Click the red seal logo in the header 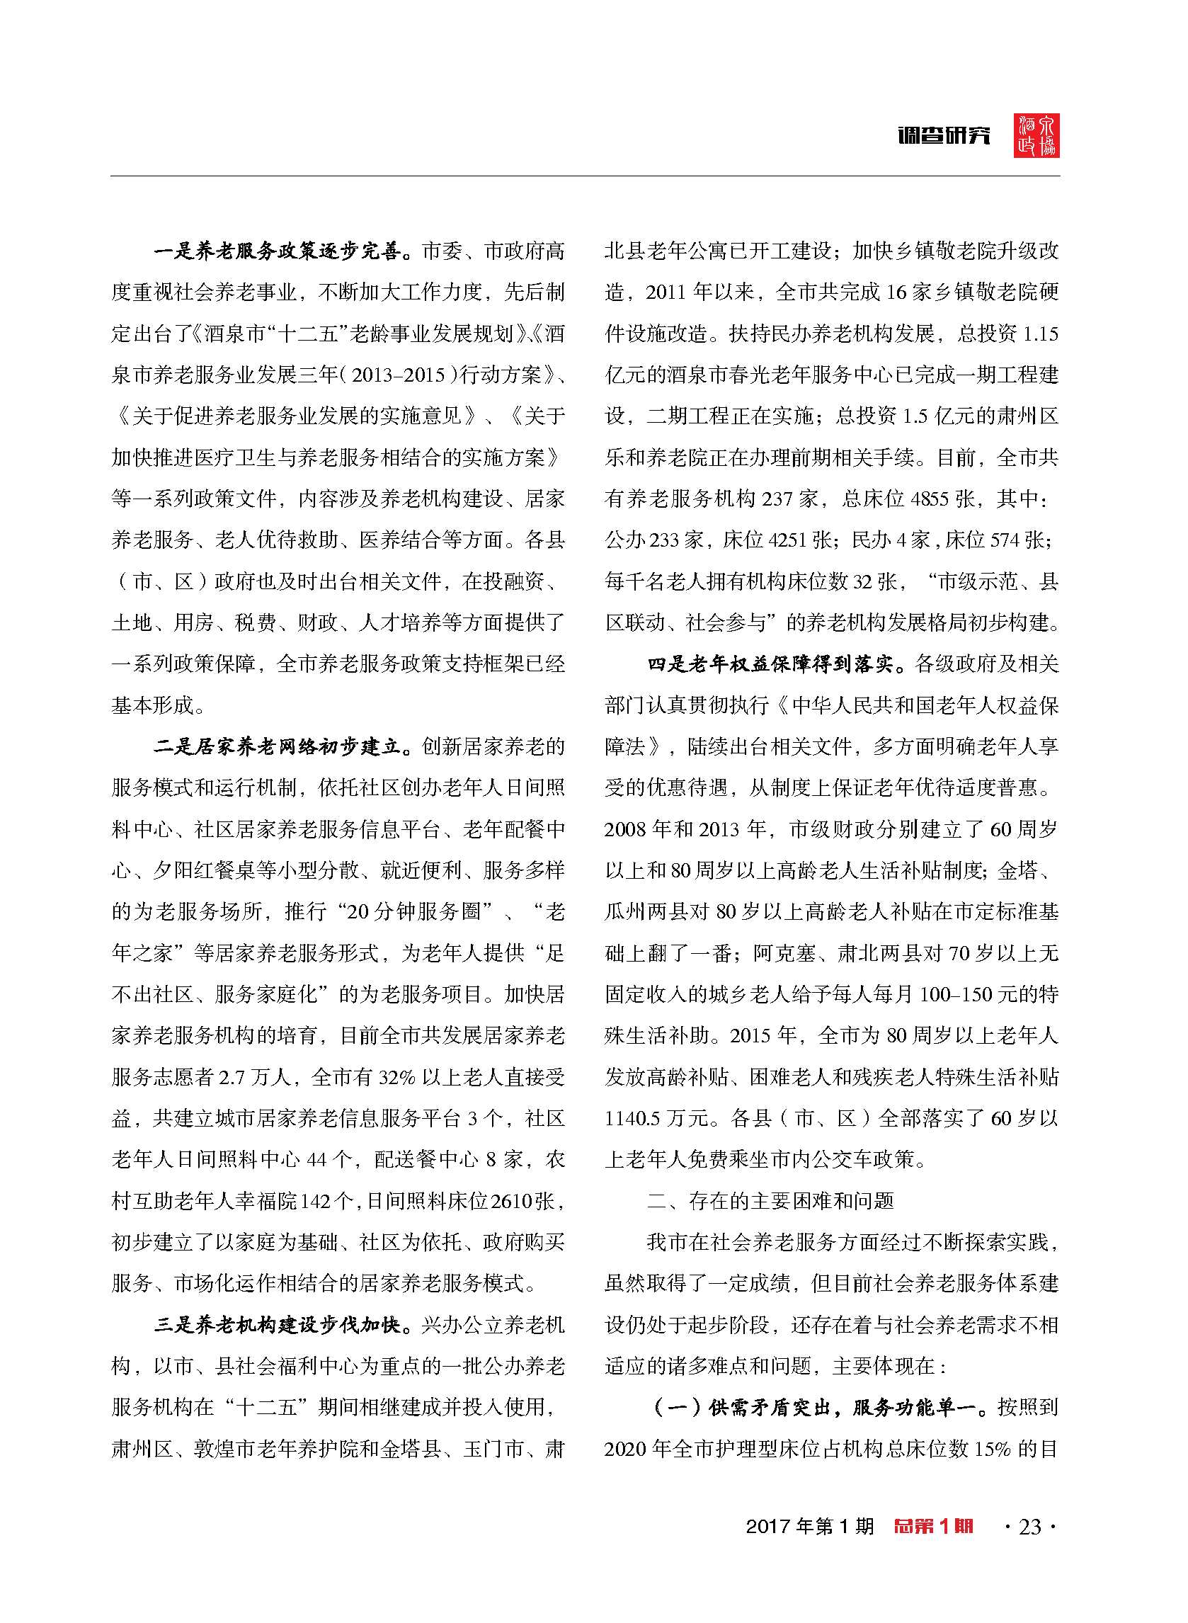(1036, 135)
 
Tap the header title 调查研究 (944, 135)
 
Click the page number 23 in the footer (1030, 1526)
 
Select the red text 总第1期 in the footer (933, 1526)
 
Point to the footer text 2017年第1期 (809, 1526)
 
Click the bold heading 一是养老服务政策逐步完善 (278, 251)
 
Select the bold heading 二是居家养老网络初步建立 (278, 746)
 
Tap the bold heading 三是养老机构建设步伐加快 (278, 1325)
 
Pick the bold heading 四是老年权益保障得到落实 (771, 664)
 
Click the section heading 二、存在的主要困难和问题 (771, 1201)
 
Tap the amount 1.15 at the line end (1040, 334)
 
